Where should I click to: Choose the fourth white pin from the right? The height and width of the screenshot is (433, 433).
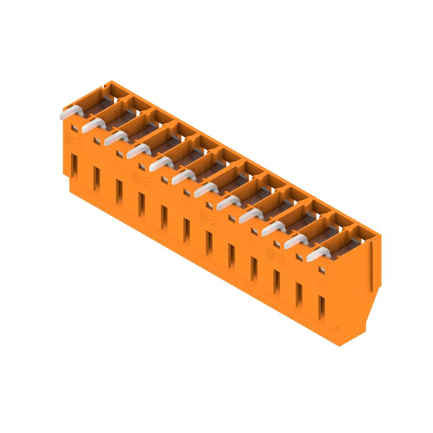click(250, 215)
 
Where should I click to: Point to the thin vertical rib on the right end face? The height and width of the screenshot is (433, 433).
click(372, 265)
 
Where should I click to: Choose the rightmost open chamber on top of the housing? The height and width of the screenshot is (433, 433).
click(357, 238)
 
